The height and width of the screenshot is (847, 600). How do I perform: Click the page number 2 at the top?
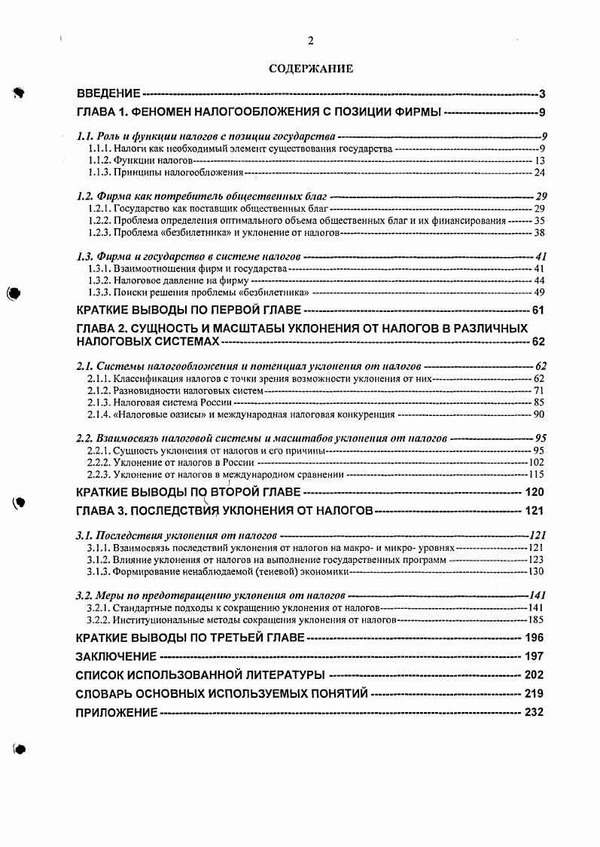[x=310, y=41]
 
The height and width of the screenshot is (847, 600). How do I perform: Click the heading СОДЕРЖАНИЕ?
[x=311, y=69]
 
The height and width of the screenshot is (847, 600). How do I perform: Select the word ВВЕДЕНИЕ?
[x=109, y=94]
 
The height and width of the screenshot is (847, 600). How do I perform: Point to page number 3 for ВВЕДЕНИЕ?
[x=541, y=94]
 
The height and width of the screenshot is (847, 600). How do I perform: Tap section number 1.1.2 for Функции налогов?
[x=100, y=161]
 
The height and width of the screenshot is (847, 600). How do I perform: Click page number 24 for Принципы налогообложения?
[x=539, y=173]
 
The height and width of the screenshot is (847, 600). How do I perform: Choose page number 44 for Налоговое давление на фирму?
[x=538, y=280]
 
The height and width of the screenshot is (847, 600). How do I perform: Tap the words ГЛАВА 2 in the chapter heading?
[x=101, y=328]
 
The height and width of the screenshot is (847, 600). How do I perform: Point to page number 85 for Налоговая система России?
[x=538, y=402]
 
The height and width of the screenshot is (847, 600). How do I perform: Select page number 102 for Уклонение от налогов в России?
[x=536, y=462]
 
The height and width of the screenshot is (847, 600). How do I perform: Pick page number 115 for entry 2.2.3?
[x=536, y=474]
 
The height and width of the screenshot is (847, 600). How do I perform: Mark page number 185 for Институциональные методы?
[x=536, y=619]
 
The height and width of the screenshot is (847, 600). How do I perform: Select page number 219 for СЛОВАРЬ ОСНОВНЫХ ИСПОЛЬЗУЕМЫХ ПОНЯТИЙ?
[x=535, y=693]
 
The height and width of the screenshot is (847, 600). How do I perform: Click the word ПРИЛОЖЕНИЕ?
[x=117, y=712]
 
